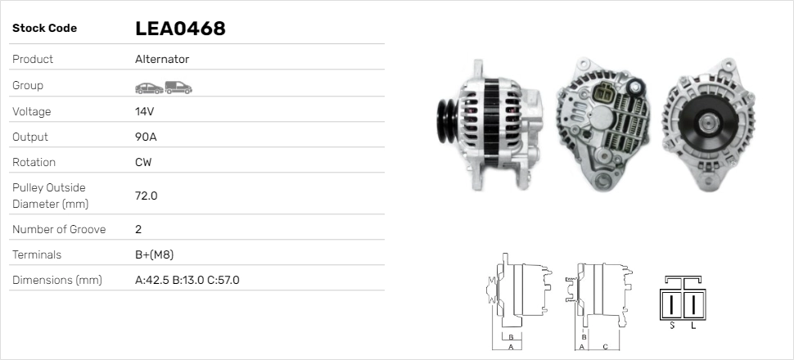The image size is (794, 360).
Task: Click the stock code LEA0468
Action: tap(180, 29)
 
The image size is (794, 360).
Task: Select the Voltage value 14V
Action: tap(145, 111)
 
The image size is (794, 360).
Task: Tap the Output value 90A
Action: tap(146, 137)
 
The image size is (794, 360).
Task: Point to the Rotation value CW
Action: tap(143, 162)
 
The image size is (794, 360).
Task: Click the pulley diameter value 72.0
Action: tap(146, 196)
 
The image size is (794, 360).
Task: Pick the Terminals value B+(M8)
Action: tap(154, 254)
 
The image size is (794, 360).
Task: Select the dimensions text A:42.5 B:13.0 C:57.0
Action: tap(187, 280)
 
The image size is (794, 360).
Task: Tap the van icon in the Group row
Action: tap(178, 86)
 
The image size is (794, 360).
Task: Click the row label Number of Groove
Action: tap(59, 229)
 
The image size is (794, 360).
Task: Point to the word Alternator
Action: tap(162, 59)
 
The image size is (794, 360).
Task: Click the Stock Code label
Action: tap(44, 29)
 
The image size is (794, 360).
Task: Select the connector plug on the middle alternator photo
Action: tap(606, 95)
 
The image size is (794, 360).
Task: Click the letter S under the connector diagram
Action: tap(672, 326)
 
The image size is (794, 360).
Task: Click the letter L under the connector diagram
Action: tap(694, 326)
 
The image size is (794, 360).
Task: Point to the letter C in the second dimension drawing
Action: tap(604, 346)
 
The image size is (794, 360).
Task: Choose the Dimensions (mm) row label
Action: tap(56, 280)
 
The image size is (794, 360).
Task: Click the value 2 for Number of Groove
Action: tap(138, 229)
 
